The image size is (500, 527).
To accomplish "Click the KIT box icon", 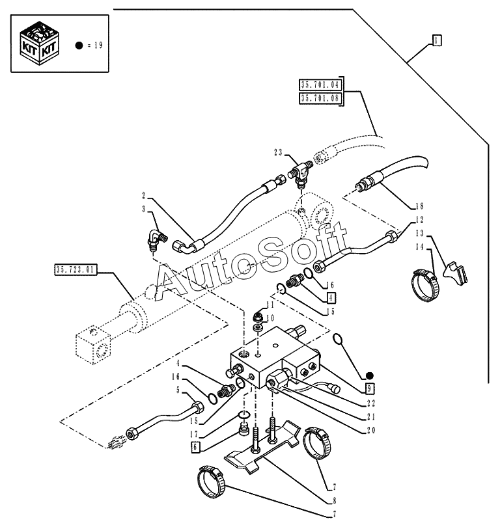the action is tap(39, 43).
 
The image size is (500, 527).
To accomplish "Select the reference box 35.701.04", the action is tap(320, 85).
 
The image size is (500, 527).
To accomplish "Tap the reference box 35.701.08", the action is tap(320, 98).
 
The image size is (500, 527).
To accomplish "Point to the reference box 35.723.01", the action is tap(76, 269).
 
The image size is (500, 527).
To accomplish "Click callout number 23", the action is tap(278, 153).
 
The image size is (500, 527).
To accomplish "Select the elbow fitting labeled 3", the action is tap(157, 239).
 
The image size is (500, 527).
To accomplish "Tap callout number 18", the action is tap(419, 206).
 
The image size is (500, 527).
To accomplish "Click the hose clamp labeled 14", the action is tap(424, 285).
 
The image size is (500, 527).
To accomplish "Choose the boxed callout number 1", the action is tap(436, 41).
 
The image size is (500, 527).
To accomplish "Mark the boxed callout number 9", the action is tap(370, 388).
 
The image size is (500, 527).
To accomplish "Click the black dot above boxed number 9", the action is tap(370, 376).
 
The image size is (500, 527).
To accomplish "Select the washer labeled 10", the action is tap(258, 327).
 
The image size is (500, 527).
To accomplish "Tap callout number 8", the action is tap(334, 500).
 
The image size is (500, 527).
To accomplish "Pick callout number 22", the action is tap(370, 403).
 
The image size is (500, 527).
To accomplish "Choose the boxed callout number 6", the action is tap(195, 448).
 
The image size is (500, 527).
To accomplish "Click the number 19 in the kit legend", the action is tap(98, 45).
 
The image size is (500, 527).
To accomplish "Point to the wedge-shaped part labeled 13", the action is tap(456, 273).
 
